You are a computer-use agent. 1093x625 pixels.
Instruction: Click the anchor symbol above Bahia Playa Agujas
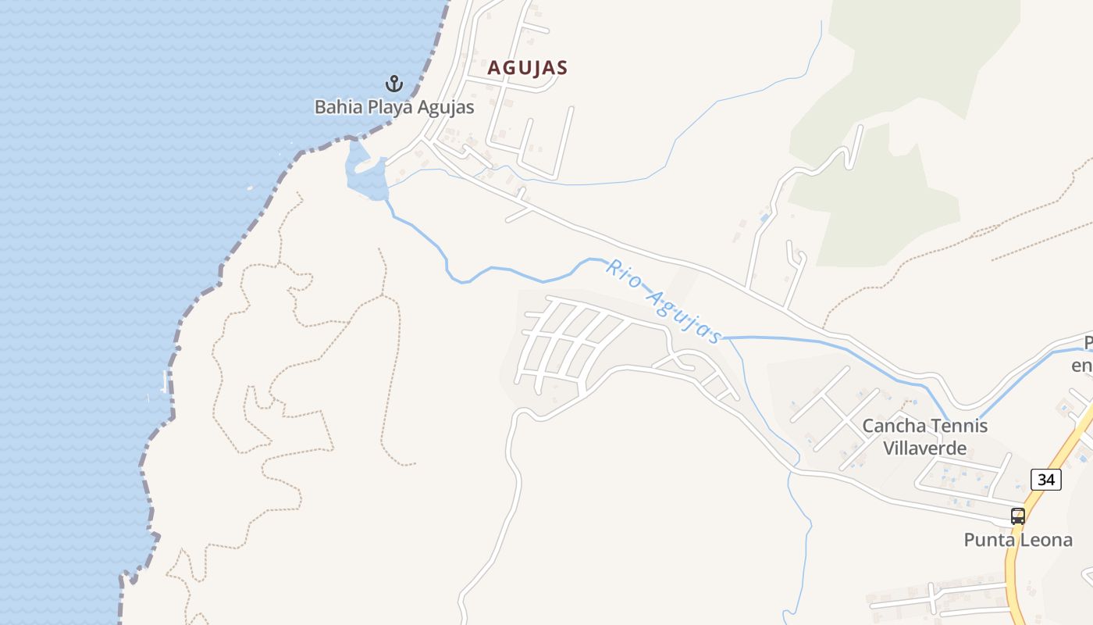coord(394,83)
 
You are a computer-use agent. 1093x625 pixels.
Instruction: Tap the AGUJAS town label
coord(527,68)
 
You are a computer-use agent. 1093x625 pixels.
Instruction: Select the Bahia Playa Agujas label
coord(394,107)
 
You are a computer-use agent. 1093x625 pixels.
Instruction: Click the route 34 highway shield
coord(1045,479)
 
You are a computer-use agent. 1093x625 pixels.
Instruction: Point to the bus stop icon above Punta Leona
coord(1017,516)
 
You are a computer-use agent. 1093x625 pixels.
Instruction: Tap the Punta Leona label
coord(1017,540)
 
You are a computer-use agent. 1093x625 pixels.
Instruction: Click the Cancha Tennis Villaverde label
coord(924,437)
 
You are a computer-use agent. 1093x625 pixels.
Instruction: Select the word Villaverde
coord(924,448)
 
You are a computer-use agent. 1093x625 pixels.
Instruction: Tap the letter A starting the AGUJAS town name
coord(493,68)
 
